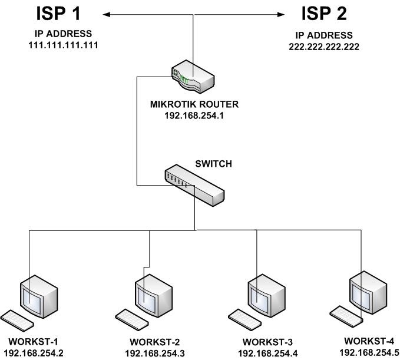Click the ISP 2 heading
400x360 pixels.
tap(324, 14)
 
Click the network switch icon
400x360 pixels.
tap(194, 183)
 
